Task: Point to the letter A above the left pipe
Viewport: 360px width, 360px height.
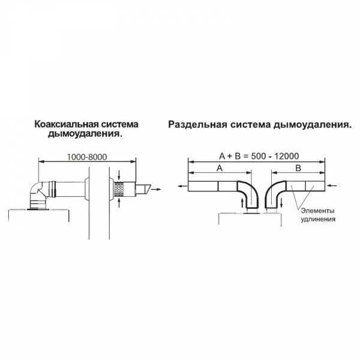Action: [219, 169]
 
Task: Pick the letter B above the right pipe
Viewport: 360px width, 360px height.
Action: [298, 169]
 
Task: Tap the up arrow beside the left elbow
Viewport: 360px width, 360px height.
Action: [242, 205]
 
